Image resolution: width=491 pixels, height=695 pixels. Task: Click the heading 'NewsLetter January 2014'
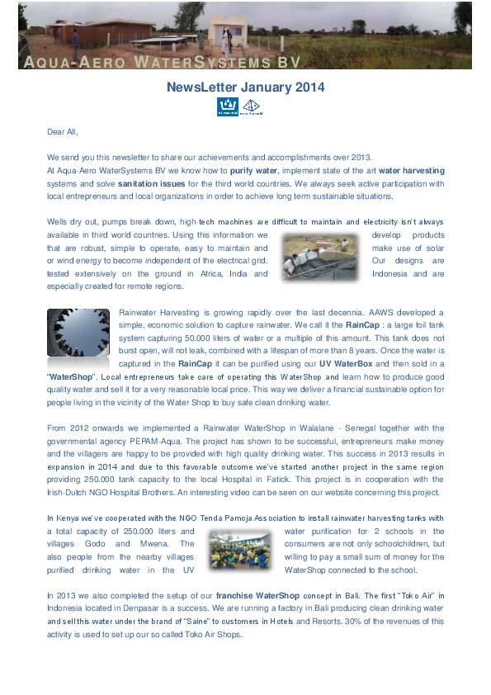[x=245, y=87]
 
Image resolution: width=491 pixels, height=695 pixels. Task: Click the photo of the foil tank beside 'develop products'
[x=319, y=258]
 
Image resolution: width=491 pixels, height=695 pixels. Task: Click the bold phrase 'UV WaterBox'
[x=339, y=363]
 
